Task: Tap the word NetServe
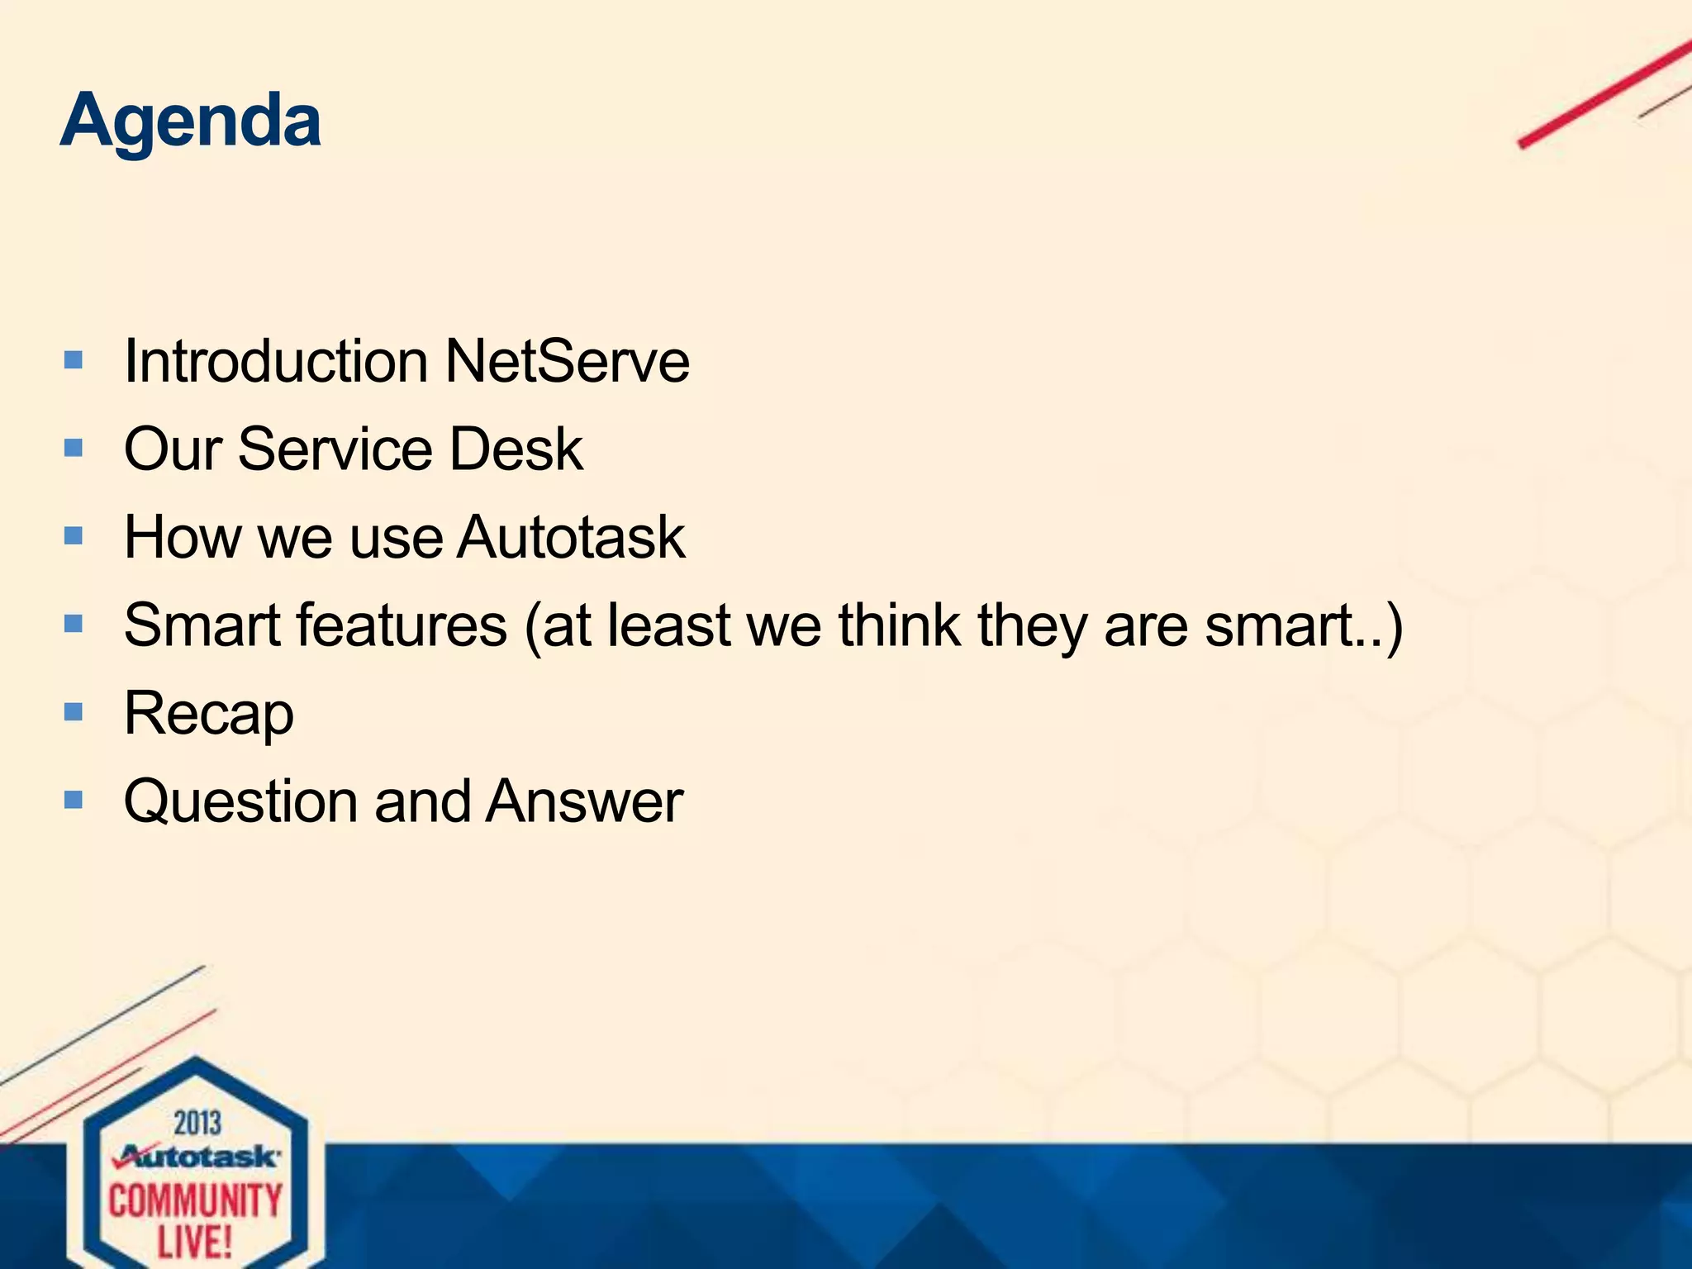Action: click(567, 362)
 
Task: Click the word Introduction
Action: click(276, 362)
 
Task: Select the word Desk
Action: click(516, 449)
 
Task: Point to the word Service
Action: click(335, 449)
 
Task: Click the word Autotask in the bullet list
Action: click(571, 538)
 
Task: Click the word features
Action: click(402, 625)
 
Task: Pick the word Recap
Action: click(208, 714)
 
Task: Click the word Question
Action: click(240, 801)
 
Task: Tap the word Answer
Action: click(584, 801)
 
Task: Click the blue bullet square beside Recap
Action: click(74, 711)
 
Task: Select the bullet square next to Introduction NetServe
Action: click(74, 359)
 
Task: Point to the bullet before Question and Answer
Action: click(74, 799)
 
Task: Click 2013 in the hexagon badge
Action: click(197, 1124)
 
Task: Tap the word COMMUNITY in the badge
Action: click(196, 1200)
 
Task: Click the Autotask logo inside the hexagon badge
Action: click(197, 1157)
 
